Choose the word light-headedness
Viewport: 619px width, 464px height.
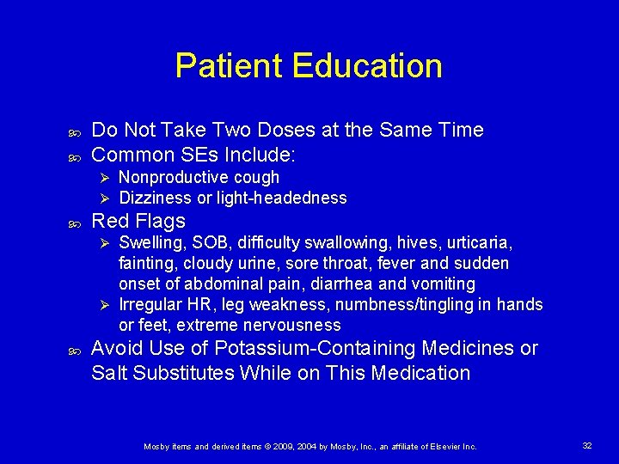click(x=284, y=198)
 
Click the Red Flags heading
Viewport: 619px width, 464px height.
click(x=138, y=221)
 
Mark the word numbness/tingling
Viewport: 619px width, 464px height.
click(x=394, y=305)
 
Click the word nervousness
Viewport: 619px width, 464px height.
click(x=292, y=326)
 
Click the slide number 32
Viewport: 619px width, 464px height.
click(x=587, y=446)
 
